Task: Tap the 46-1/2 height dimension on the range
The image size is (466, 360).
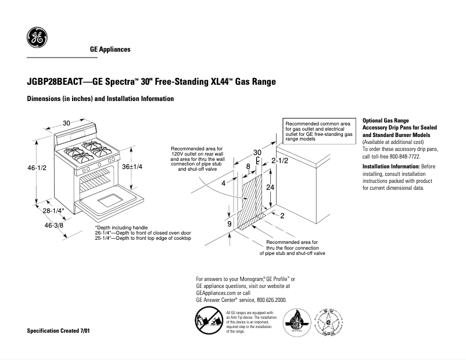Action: coord(37,168)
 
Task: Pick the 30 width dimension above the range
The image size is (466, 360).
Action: coord(67,123)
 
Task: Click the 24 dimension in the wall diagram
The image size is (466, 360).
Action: coord(270,188)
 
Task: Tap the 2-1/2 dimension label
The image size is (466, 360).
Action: coord(280,160)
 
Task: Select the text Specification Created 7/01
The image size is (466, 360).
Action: coord(59,330)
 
